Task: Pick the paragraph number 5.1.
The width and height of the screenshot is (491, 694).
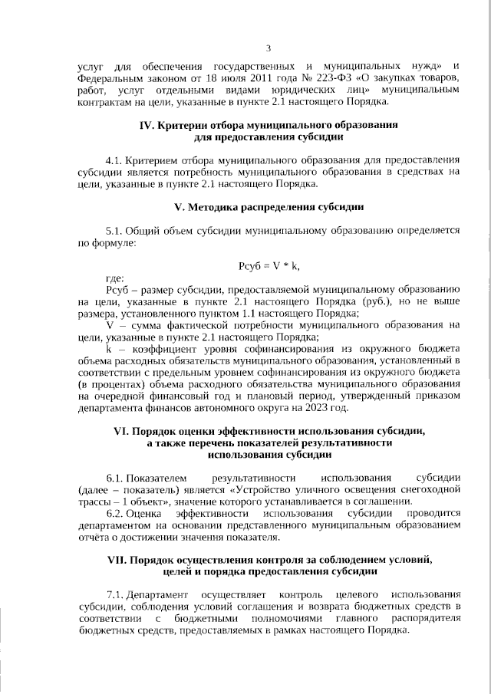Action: [x=114, y=230]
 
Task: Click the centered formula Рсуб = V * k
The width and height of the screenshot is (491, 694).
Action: [x=269, y=265]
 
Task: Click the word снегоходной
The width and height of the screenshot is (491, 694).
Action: [x=430, y=489]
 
